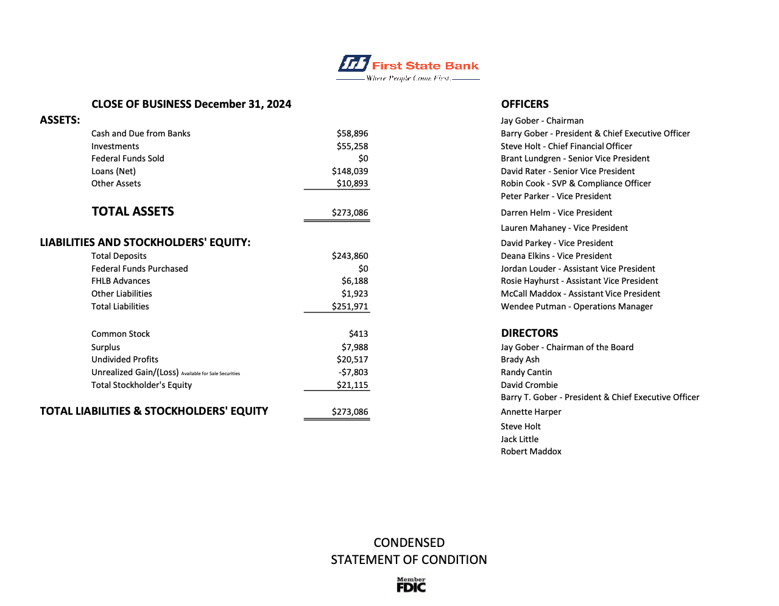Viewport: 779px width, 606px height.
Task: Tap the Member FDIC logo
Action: [x=411, y=585]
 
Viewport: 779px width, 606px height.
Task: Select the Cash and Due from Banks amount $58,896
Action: [x=352, y=133]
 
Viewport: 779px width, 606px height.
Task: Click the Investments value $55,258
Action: [x=352, y=146]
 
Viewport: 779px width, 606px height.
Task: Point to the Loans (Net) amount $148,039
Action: [x=350, y=171]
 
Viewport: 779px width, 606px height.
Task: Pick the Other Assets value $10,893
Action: [x=352, y=183]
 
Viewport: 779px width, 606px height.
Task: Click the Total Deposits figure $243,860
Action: [x=350, y=256]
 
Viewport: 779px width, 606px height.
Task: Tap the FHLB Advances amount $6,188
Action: [x=354, y=281]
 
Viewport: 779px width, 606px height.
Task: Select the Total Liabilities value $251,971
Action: [x=350, y=306]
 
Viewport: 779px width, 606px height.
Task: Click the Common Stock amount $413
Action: [x=358, y=334]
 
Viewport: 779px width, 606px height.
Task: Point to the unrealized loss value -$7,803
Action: [x=353, y=372]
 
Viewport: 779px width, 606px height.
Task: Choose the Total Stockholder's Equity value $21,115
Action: [x=352, y=385]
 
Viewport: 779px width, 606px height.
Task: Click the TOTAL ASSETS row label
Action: [x=133, y=211]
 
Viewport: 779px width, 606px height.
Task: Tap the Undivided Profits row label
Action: [x=125, y=359]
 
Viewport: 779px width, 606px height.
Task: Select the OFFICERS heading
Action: [x=524, y=104]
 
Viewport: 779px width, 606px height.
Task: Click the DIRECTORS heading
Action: [x=529, y=333]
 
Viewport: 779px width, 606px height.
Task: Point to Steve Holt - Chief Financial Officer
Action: [x=566, y=146]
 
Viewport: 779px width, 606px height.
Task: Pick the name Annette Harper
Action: [x=530, y=412]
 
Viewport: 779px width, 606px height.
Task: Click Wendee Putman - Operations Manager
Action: [x=576, y=306]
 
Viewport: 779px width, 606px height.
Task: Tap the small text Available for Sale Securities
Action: [x=211, y=373]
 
